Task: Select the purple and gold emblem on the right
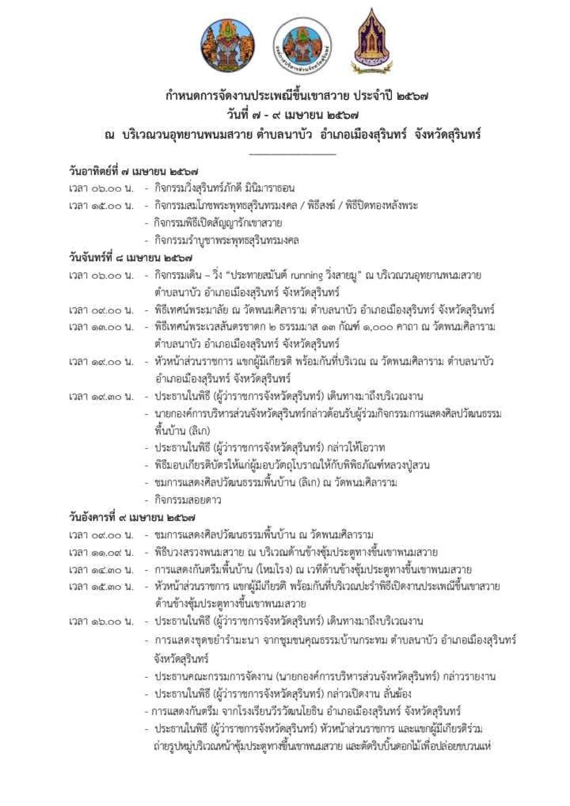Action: [x=372, y=42]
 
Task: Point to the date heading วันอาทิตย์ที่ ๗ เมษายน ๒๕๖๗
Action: [x=133, y=172]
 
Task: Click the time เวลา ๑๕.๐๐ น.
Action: [x=102, y=206]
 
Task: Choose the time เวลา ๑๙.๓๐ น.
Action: [x=102, y=397]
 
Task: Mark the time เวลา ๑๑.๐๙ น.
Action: [x=102, y=552]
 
